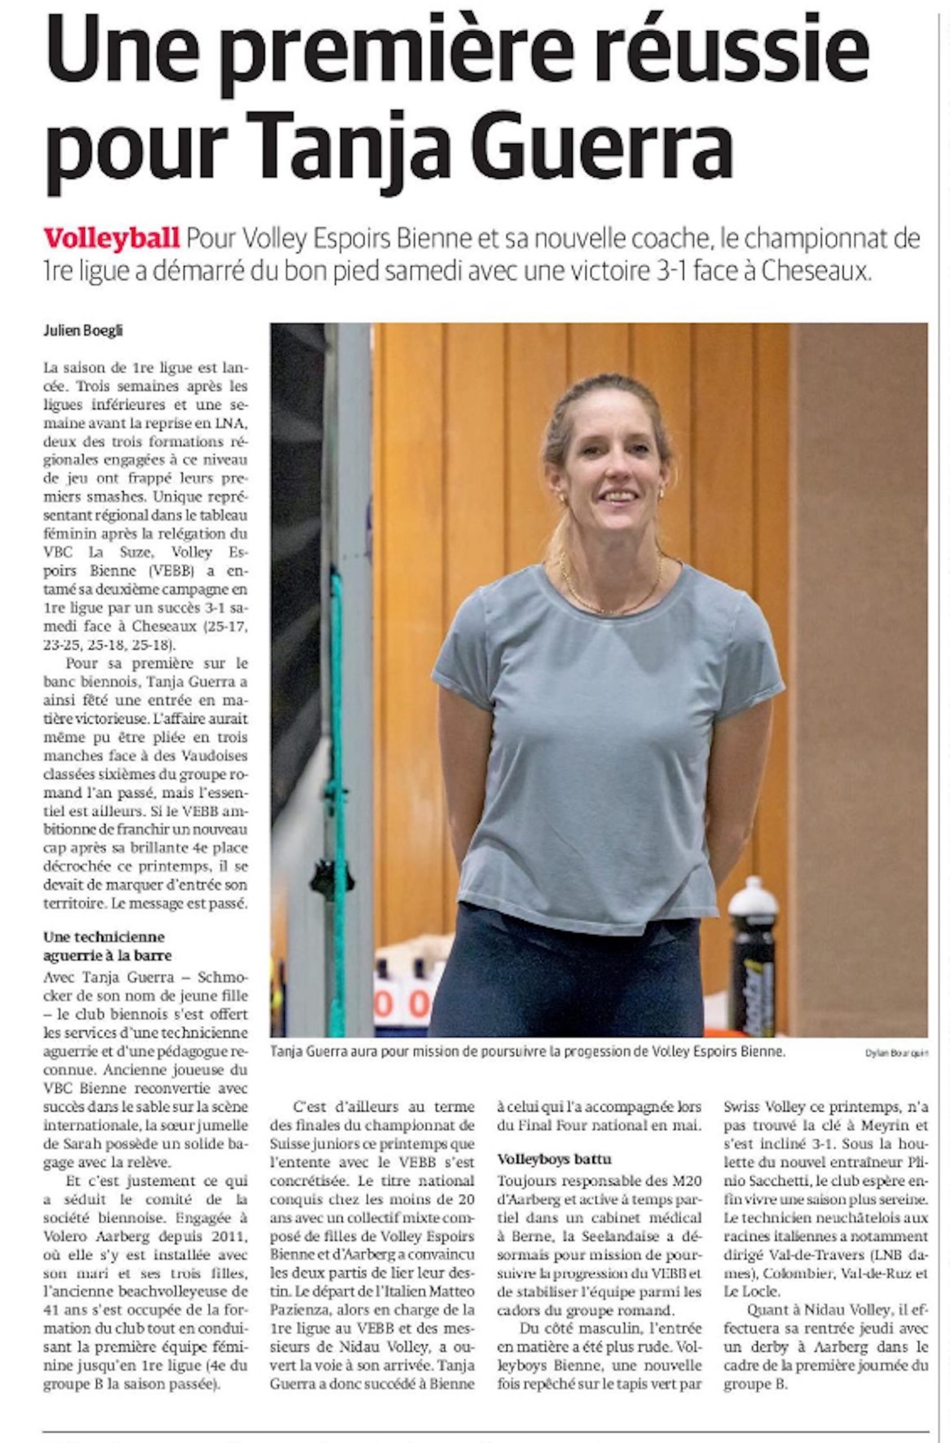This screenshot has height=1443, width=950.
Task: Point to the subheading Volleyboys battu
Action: coord(554,1159)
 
